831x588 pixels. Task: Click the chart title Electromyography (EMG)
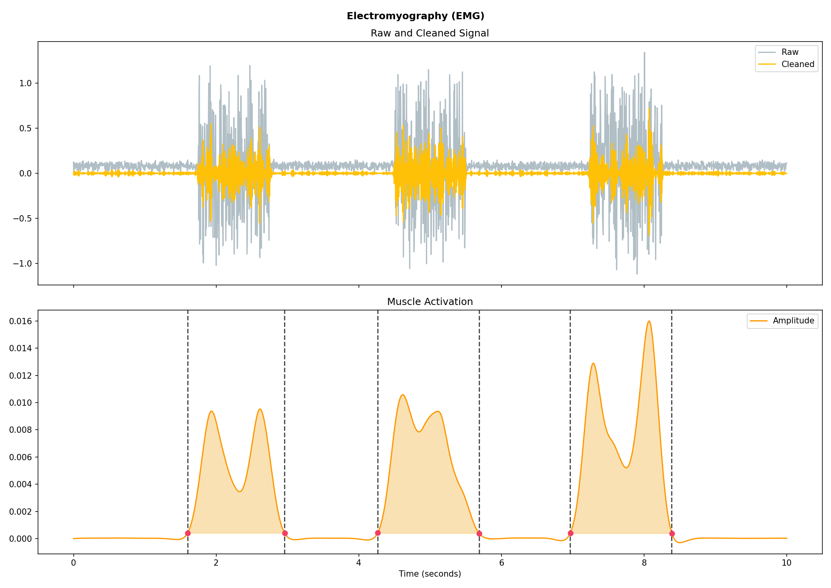pos(415,16)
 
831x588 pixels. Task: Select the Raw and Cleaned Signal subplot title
pos(429,33)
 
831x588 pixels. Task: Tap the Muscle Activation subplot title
pos(429,302)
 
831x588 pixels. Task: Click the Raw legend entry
pos(789,52)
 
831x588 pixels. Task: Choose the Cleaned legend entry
pos(797,64)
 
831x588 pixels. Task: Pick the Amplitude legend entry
pos(793,321)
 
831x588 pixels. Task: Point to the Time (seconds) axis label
pos(429,574)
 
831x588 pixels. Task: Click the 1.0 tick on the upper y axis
pos(27,83)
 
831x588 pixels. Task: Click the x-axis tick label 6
pos(501,563)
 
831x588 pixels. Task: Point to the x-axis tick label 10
pos(786,563)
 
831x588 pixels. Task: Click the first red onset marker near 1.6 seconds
pos(188,533)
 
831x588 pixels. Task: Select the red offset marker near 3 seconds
pos(285,533)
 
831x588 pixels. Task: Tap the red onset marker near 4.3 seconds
pos(378,533)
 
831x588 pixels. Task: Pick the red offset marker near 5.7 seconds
pos(479,534)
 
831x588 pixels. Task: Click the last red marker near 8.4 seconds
pos(672,534)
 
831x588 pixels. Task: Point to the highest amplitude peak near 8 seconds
pos(649,321)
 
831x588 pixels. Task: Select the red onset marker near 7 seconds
pos(570,533)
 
